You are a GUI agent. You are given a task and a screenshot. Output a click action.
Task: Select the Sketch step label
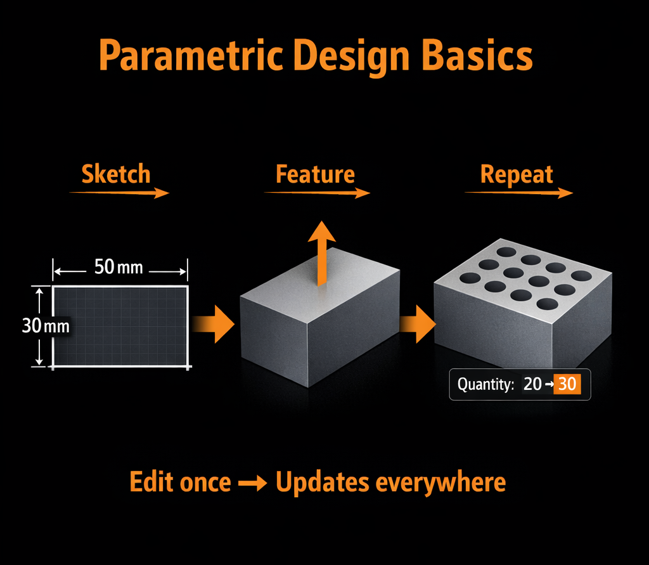[116, 174]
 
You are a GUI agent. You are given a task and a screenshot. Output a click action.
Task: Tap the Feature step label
[315, 174]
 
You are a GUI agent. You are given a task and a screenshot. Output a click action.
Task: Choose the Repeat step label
[517, 174]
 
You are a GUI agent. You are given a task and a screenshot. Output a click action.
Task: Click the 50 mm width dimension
[119, 267]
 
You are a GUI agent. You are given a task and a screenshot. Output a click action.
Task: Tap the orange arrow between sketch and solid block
[214, 324]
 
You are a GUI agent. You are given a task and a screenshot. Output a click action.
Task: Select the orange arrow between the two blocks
[417, 324]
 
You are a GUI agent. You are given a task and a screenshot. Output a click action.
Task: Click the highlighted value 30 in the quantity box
[567, 384]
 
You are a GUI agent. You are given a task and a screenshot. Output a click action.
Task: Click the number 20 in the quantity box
[532, 384]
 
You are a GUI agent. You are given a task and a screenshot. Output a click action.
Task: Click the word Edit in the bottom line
[151, 483]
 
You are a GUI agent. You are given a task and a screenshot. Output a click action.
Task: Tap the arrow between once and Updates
[253, 483]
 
